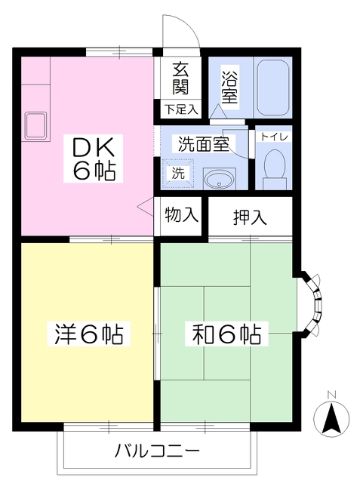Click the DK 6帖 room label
94,158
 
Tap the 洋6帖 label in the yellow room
88,332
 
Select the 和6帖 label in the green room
224,332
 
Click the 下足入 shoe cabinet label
180,109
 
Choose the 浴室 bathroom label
229,85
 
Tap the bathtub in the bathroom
272,87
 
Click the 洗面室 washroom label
203,143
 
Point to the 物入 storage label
181,215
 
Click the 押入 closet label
249,218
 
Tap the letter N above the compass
331,393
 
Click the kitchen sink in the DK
34,123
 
